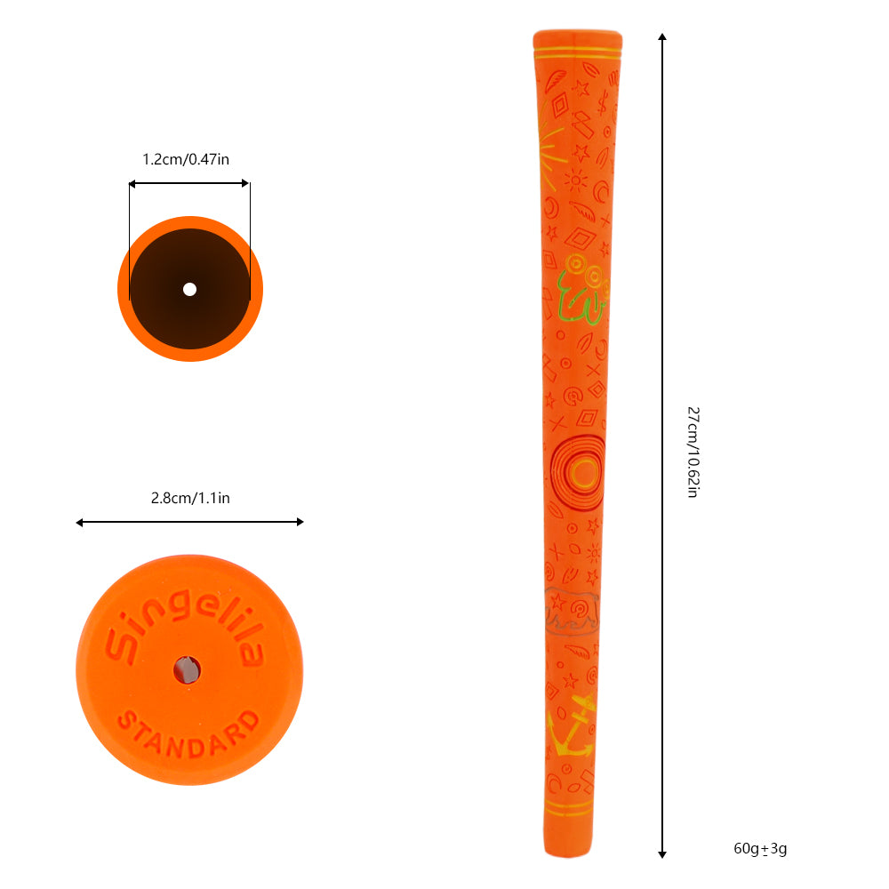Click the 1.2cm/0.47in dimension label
tap(186, 160)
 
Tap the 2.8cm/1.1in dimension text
tap(190, 498)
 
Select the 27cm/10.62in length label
tap(693, 452)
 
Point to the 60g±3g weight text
tap(760, 848)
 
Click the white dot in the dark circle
tap(189, 289)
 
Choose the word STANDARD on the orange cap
tap(189, 730)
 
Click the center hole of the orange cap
tap(186, 669)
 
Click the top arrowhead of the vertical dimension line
tap(662, 38)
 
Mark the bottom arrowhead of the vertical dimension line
tap(662, 854)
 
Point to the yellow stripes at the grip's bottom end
tap(569, 809)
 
